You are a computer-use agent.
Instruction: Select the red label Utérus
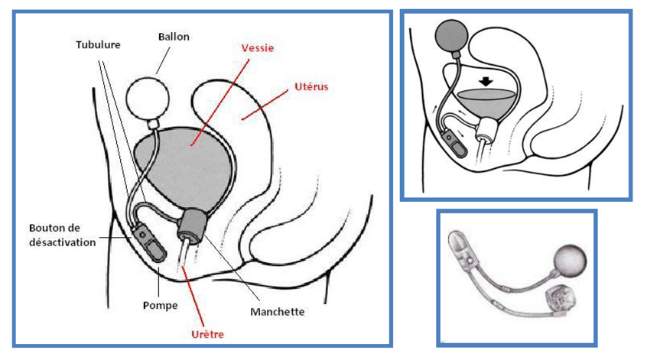coord(310,87)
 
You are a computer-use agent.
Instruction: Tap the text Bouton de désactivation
coord(62,235)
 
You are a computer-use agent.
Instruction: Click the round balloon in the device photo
coord(571,261)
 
